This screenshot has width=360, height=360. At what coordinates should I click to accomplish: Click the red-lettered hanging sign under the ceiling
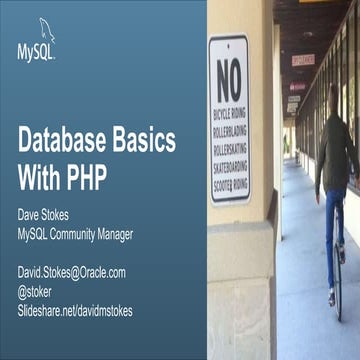(303, 60)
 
